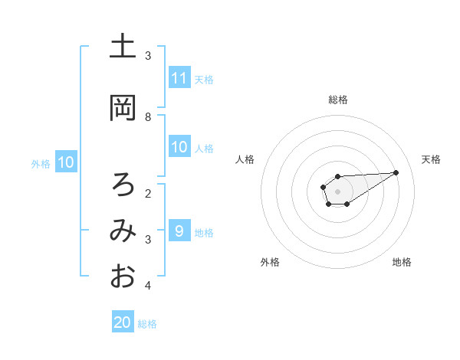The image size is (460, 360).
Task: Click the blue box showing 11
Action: click(179, 78)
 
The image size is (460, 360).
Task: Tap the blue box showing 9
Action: click(179, 231)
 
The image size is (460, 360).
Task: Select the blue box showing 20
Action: click(123, 322)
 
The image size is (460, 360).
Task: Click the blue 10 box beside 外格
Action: click(66, 162)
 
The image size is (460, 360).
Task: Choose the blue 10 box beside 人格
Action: click(179, 147)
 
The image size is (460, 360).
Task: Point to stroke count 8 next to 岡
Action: click(148, 116)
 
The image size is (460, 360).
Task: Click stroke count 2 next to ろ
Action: click(148, 193)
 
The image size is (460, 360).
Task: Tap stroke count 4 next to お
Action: click(148, 286)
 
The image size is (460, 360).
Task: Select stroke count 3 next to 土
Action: click(148, 56)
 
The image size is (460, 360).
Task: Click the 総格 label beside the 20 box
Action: click(147, 324)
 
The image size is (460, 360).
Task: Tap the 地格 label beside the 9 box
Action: click(204, 233)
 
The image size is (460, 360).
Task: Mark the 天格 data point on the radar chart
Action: click(396, 172)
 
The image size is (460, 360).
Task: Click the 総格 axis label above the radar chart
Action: click(337, 100)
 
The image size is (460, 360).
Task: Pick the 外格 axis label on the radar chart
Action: click(270, 262)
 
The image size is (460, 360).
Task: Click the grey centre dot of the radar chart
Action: click(337, 191)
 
